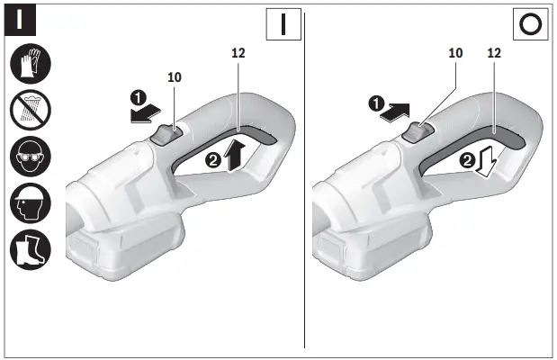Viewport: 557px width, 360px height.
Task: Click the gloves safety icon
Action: [31, 65]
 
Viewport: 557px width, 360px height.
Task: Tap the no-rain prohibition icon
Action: [31, 111]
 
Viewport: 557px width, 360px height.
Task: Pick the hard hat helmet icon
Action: [31, 203]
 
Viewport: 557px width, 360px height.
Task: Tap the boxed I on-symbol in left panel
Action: [283, 23]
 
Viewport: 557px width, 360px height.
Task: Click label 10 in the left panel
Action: [175, 77]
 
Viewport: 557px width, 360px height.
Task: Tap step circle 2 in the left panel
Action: [213, 161]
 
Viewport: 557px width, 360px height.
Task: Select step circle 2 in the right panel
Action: [466, 161]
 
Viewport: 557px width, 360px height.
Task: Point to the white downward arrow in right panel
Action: [489, 163]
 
